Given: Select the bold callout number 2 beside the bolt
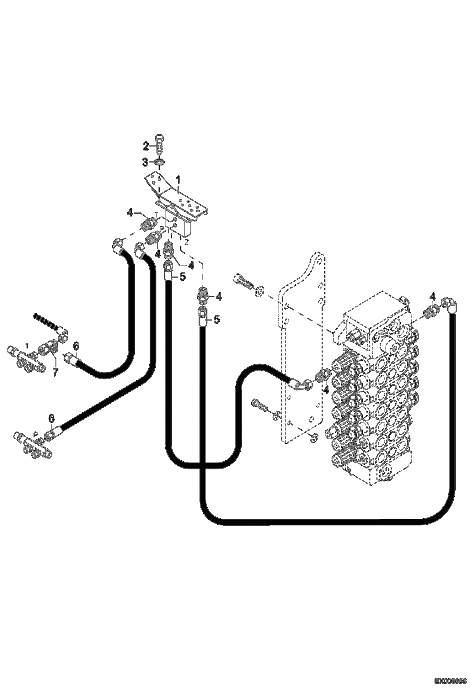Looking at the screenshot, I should pos(146,146).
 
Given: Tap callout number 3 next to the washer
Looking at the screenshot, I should pos(145,162).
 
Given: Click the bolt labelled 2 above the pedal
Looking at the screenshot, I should pos(160,146).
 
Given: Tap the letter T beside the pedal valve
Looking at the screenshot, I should pos(156,214).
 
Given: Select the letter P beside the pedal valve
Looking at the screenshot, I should pos(162,230).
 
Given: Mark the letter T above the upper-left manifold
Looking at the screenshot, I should pos(27,345).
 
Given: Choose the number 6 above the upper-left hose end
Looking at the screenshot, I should pos(76,346).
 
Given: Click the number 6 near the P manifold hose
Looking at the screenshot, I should pos(52,419).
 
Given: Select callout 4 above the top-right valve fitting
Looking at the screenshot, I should pos(433,296).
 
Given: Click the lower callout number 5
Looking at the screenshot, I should pos(216,319).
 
